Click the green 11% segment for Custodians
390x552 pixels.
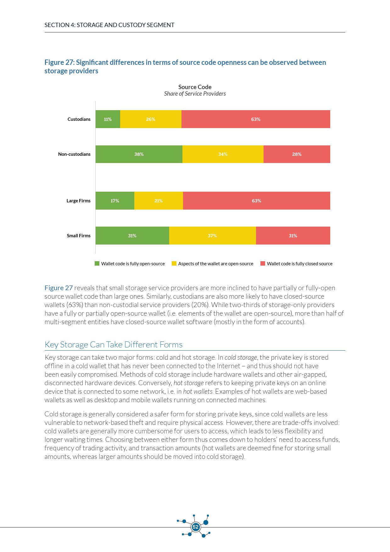(108, 119)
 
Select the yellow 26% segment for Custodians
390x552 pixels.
(151, 119)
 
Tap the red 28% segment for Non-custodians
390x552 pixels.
(297, 154)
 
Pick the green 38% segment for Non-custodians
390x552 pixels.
(139, 154)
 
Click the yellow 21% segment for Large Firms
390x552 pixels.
(159, 201)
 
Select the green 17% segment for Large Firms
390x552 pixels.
(115, 201)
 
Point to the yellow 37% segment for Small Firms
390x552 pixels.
(212, 236)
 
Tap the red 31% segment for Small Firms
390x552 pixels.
(293, 236)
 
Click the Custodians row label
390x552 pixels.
(79, 119)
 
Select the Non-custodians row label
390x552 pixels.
(74, 154)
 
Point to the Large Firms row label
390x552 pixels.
(78, 201)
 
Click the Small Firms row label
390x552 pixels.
(79, 236)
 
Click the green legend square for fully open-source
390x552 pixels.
(97, 263)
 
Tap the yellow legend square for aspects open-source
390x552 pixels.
(174, 263)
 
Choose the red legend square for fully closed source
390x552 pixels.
(263, 263)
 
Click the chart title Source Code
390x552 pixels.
(195, 87)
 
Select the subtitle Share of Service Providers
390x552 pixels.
(195, 94)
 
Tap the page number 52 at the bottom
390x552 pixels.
(196, 527)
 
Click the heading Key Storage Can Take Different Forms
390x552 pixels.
(114, 345)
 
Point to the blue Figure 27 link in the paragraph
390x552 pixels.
(58, 288)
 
